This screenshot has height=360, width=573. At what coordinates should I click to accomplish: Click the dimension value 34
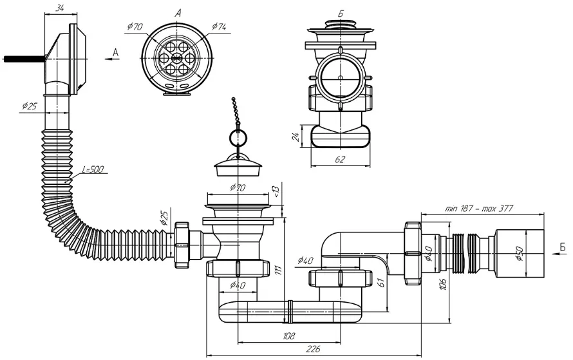point(61,8)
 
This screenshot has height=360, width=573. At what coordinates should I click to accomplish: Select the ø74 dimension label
point(219,26)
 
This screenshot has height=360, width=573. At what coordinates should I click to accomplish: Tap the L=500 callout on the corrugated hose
point(93,169)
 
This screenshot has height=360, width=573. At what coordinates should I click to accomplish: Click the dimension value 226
point(313,349)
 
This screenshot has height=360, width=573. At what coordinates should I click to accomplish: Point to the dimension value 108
point(288,336)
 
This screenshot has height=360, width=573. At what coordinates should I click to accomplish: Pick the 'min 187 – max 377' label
point(479,208)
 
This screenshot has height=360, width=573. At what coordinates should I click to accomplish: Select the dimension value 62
point(340,159)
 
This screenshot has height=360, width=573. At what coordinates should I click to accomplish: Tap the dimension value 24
point(296,137)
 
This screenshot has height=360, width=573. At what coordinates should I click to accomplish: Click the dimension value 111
point(278,270)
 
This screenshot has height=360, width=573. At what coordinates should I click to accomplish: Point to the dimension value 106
point(443,284)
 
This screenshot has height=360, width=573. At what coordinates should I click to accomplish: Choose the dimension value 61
point(380,283)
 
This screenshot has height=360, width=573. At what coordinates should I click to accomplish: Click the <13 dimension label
point(276,191)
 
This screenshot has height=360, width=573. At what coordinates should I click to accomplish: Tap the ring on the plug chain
point(238,138)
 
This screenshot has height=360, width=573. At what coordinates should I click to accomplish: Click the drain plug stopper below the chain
point(238,166)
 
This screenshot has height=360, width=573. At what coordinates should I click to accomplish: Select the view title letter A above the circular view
point(178,14)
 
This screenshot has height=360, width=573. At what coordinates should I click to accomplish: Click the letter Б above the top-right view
point(341,14)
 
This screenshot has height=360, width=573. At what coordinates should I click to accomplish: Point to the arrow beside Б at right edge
point(558,254)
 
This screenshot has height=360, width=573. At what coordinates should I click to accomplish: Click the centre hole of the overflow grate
point(177,57)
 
